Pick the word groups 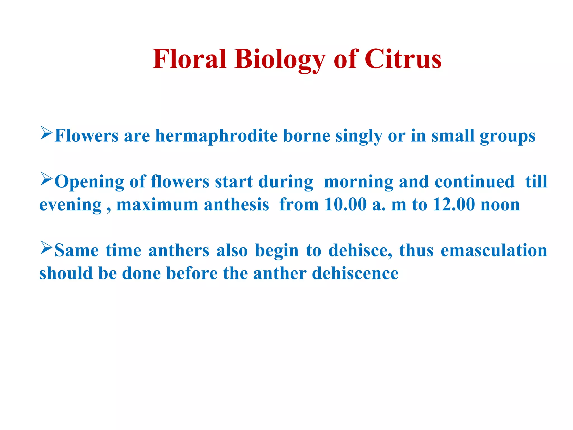[x=507, y=136]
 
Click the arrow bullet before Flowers [x=46, y=133]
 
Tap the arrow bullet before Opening [x=46, y=179]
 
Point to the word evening [x=70, y=205]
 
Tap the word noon [x=500, y=205]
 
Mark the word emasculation [x=494, y=250]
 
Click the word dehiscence [x=355, y=273]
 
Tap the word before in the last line [x=192, y=273]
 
